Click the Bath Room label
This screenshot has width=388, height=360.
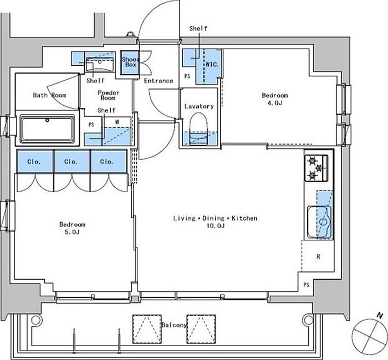coord(49,95)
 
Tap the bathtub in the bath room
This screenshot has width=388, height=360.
coord(47,128)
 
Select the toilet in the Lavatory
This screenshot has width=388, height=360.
coord(198,128)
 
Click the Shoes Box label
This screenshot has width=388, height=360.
coord(130,62)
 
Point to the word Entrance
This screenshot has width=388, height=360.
coord(159,81)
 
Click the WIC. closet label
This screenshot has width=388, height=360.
coord(212,65)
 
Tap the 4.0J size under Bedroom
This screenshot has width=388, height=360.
coord(275,103)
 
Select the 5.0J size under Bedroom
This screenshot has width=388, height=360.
coord(72,232)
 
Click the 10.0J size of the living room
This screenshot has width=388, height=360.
coord(216,225)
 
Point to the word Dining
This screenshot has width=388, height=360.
coord(213,218)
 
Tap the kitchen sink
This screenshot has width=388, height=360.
coord(319,222)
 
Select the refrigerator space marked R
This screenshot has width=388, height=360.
coord(318,256)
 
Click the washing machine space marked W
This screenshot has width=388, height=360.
coord(117,122)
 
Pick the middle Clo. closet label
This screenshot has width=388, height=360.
coord(71,162)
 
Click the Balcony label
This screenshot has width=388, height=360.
coord(174,325)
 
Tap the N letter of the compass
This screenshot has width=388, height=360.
coord(380,315)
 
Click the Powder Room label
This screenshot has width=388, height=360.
coord(109,95)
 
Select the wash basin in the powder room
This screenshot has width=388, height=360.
coord(100,64)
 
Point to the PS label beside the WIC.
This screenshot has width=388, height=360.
coord(187,76)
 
